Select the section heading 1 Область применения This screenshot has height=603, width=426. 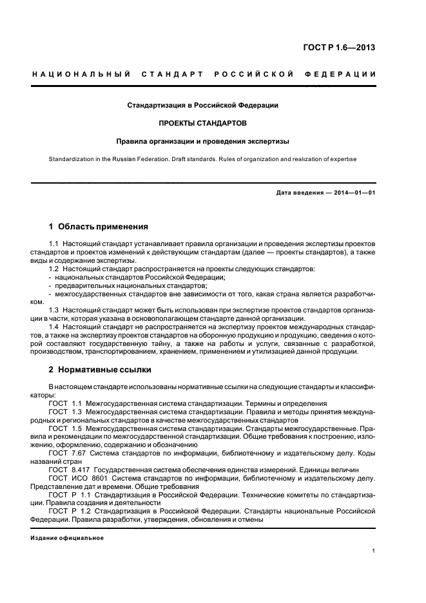(99, 227)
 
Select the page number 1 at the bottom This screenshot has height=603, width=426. (374, 551)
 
